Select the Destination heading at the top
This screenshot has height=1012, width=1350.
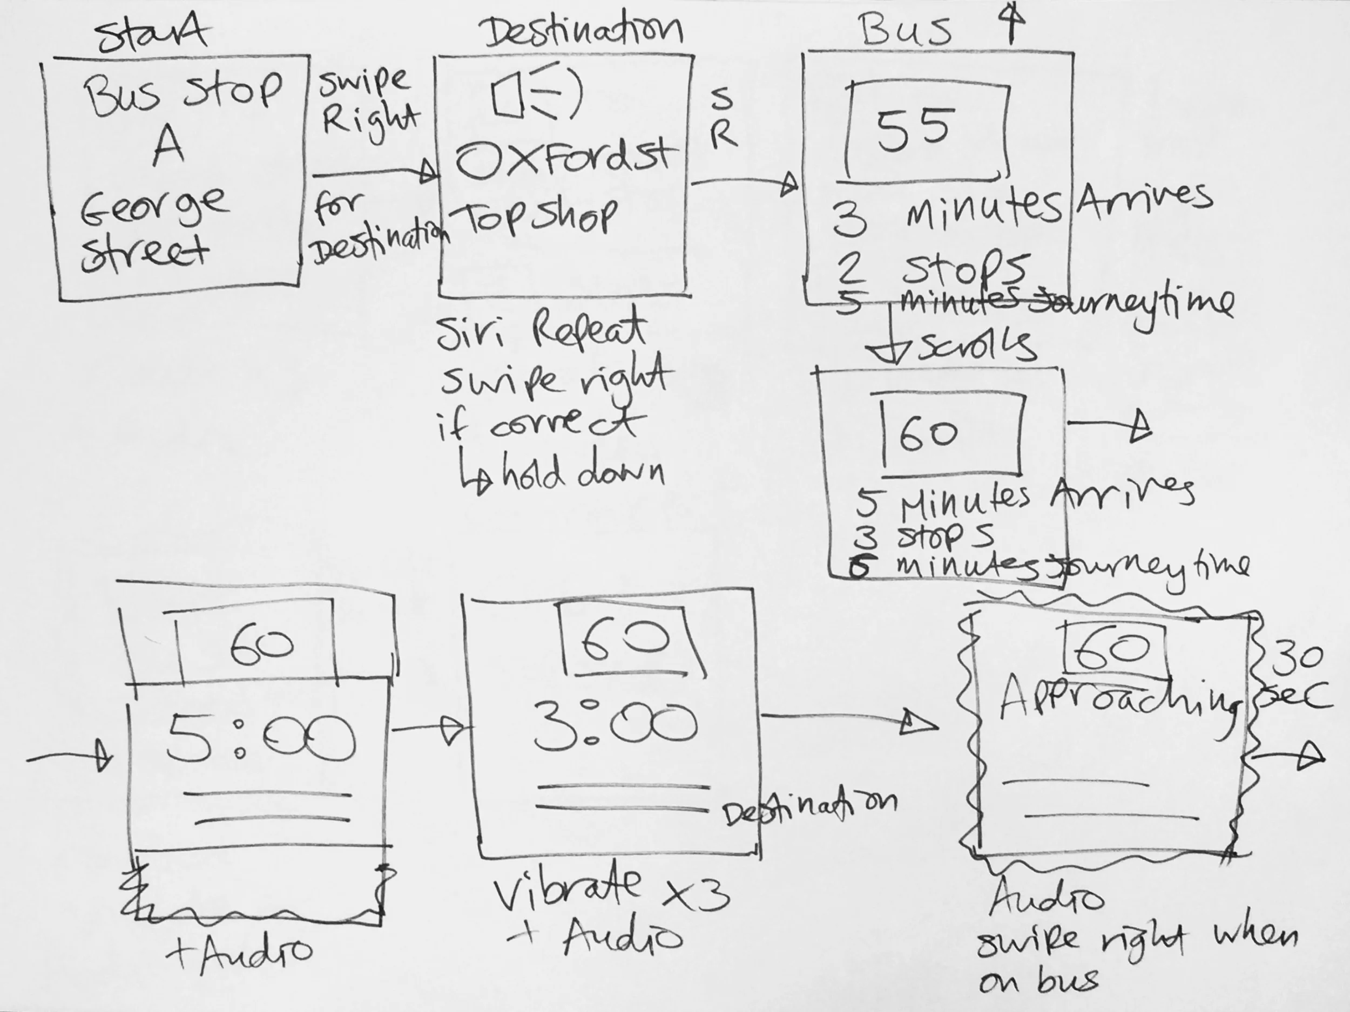click(583, 32)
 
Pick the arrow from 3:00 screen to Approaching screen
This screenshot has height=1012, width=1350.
click(848, 720)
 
